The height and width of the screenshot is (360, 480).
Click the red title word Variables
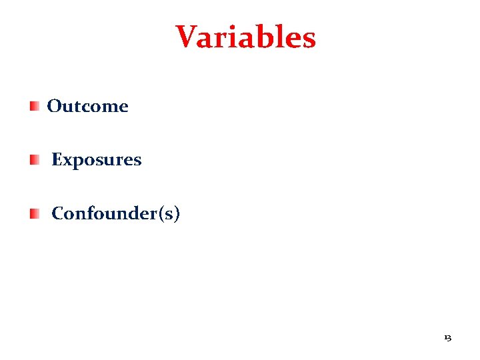coord(245,37)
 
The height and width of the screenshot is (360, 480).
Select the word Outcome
coord(87,106)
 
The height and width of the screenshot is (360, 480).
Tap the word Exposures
coord(96,160)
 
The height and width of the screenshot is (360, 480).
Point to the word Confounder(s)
coord(115,213)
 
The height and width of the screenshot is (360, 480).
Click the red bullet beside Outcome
coord(34,105)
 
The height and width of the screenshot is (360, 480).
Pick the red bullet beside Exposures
coord(34,159)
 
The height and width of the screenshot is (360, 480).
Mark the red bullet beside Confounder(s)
coord(34,213)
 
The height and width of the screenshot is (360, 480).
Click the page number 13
coord(447,338)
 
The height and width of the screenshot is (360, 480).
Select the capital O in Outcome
coord(55,106)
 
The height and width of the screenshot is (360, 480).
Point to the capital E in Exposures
coord(57,160)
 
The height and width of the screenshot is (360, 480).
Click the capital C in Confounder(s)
coord(57,213)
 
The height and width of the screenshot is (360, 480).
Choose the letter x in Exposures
coord(67,161)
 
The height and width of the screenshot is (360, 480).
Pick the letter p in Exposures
coord(77,162)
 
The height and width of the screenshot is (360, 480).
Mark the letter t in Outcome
coord(75,106)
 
